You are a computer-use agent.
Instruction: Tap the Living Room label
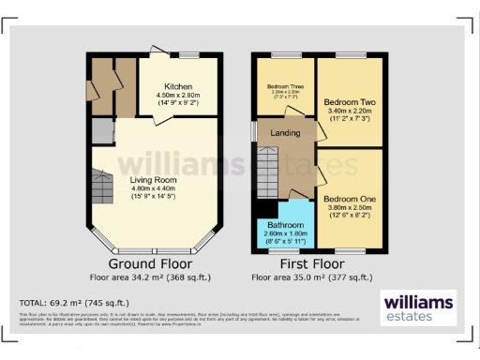click(150, 176)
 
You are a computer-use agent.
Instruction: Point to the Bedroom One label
click(350, 200)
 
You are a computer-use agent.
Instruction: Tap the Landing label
click(285, 133)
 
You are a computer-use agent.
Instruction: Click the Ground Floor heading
click(151, 264)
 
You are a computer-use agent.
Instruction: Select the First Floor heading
click(311, 264)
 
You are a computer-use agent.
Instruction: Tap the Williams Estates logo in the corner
click(418, 307)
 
